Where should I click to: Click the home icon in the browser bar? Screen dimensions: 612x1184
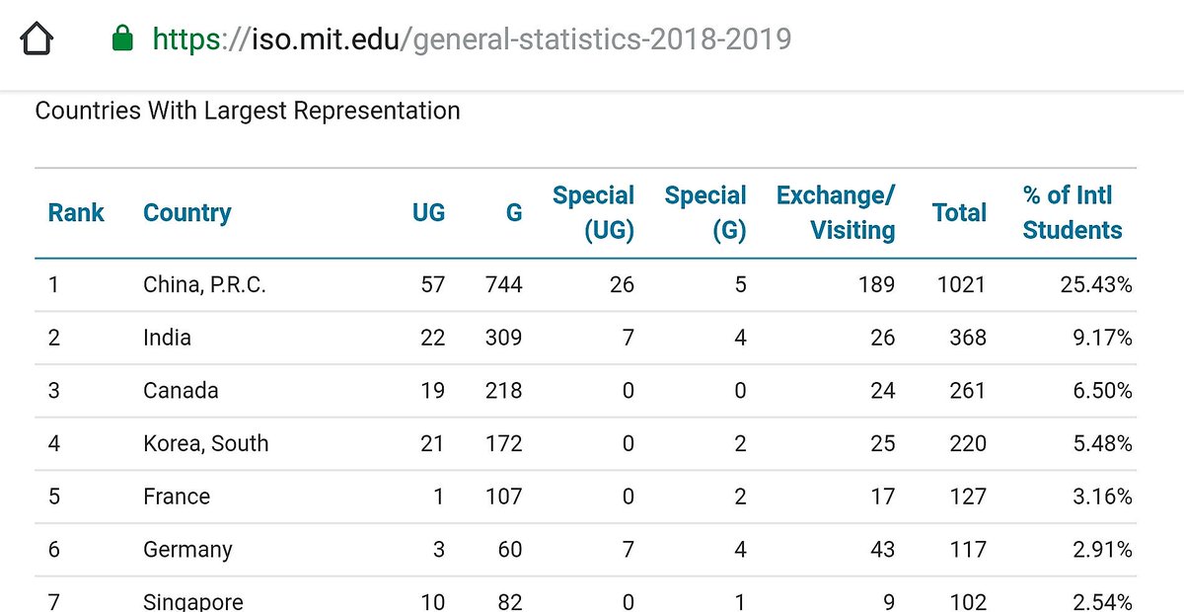click(36, 39)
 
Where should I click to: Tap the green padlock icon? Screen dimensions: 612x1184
click(123, 39)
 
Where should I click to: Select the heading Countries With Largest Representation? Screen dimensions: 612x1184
click(248, 111)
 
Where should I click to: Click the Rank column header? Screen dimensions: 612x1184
click(76, 212)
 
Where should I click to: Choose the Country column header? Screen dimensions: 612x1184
click(187, 212)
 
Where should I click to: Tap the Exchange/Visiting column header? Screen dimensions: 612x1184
click(836, 212)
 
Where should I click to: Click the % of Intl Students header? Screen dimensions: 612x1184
click(1073, 212)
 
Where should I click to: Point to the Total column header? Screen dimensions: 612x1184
click(959, 212)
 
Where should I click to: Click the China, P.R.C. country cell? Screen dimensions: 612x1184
click(204, 285)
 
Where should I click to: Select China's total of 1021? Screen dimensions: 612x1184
click(961, 285)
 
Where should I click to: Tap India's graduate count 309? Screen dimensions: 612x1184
click(503, 339)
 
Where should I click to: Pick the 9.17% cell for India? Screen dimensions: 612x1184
click(1103, 339)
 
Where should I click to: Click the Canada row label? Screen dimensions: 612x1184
click(181, 391)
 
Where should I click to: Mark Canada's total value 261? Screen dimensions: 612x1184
click(967, 391)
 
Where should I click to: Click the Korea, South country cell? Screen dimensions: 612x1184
click(205, 444)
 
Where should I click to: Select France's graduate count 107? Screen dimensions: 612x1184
click(503, 497)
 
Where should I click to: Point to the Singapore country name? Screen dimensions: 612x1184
click(192, 601)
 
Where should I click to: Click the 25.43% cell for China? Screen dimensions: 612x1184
click(1096, 285)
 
